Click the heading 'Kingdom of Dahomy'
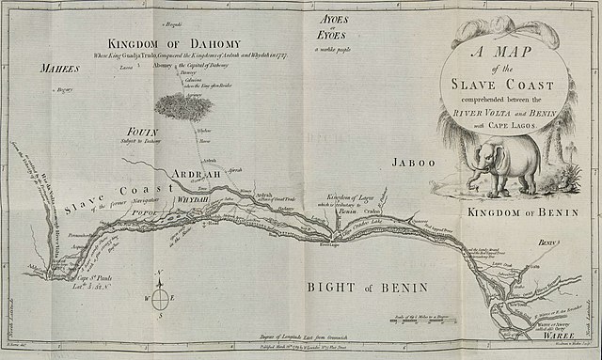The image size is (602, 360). tap(174, 43)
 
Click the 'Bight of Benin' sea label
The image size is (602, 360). tap(371, 286)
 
